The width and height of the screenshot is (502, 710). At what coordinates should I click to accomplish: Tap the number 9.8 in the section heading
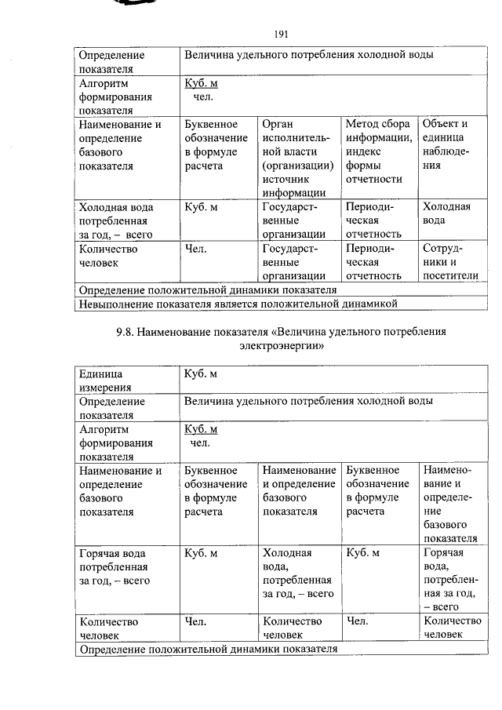point(126,331)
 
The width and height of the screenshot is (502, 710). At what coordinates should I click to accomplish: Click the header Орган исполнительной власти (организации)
point(297,158)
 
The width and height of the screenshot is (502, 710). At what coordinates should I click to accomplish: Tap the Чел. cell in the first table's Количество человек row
point(196,249)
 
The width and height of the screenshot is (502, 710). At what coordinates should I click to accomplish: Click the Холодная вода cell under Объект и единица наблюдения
point(446,213)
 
